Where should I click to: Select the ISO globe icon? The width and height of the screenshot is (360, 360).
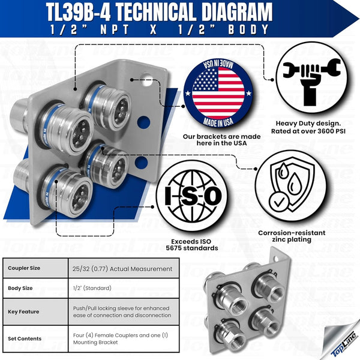189,196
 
